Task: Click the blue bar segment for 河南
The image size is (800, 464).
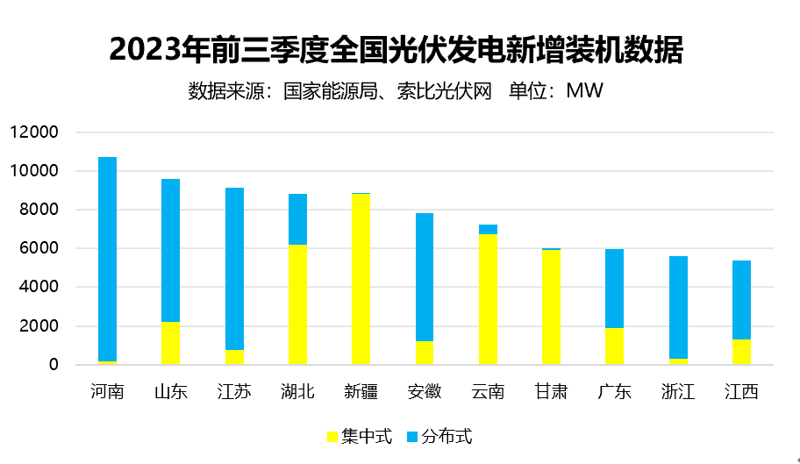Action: pyautogui.click(x=107, y=259)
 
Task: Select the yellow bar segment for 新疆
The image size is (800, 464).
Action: pyautogui.click(x=361, y=279)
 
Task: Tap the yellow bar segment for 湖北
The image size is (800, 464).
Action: pyautogui.click(x=297, y=304)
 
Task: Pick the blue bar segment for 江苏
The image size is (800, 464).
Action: pyautogui.click(x=234, y=268)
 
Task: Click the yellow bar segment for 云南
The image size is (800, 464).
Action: pyautogui.click(x=488, y=299)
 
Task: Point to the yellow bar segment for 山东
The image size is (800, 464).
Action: pyautogui.click(x=170, y=343)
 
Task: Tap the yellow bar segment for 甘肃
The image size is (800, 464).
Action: pyautogui.click(x=551, y=307)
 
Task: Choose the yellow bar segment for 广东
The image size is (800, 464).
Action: pyautogui.click(x=614, y=346)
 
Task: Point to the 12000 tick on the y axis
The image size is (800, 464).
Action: pyautogui.click(x=34, y=132)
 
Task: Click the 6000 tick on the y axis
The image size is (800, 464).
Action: pyautogui.click(x=39, y=248)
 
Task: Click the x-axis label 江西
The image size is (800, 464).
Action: pyautogui.click(x=741, y=391)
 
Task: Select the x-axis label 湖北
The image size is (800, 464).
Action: pyautogui.click(x=297, y=391)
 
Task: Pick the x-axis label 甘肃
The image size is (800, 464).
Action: pyautogui.click(x=551, y=391)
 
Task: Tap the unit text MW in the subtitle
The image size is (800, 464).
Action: pyautogui.click(x=584, y=90)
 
